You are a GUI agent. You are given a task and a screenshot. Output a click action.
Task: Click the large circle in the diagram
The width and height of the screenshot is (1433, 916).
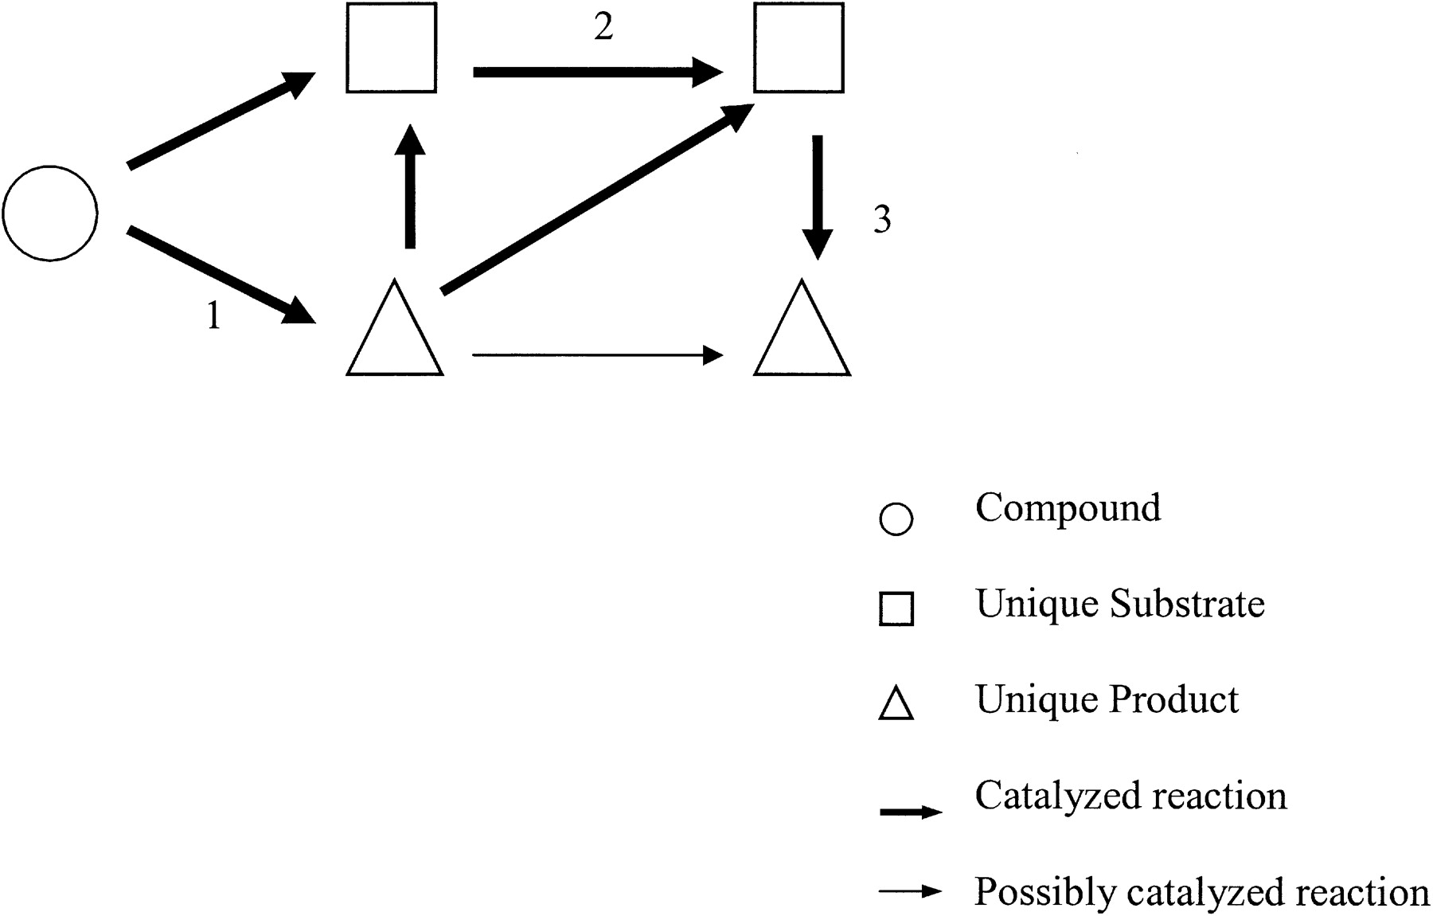click(50, 213)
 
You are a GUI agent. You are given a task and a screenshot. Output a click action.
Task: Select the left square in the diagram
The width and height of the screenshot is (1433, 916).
click(391, 48)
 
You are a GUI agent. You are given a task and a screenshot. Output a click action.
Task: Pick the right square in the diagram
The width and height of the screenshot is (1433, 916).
click(798, 48)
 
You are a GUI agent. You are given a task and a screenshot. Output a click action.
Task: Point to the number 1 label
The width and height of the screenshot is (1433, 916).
click(213, 316)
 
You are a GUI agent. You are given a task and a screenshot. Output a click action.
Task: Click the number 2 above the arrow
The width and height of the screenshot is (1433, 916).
click(603, 27)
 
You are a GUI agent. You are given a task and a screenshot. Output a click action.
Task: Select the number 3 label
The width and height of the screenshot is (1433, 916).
click(882, 219)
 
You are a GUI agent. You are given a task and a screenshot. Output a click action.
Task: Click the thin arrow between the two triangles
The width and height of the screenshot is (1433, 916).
click(597, 355)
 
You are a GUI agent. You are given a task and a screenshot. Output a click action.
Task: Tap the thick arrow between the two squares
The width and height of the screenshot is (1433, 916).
click(597, 72)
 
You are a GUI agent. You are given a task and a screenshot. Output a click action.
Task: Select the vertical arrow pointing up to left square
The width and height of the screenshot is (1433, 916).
click(410, 187)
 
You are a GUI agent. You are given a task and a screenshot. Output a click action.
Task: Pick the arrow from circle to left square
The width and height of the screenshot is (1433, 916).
click(221, 120)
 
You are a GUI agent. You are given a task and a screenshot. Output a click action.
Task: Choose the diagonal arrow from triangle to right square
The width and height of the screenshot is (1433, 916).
click(597, 199)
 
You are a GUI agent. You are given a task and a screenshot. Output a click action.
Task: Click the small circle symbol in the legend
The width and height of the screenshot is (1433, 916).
click(896, 519)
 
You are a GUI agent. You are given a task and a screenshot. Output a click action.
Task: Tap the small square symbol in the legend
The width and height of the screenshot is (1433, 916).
click(896, 609)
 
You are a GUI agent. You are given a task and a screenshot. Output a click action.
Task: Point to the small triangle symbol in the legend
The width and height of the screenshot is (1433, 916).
click(896, 704)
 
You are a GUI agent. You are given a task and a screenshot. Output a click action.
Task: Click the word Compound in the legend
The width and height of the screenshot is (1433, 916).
click(1068, 509)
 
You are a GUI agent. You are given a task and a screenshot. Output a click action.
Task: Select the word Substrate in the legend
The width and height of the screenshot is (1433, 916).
click(1187, 604)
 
